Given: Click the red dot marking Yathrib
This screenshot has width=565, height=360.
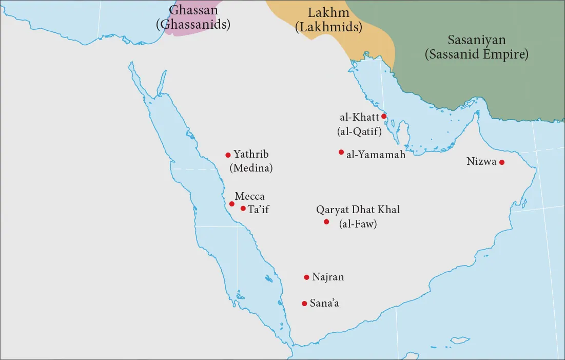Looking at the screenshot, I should (228, 155).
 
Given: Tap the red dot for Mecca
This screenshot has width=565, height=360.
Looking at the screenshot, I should (232, 204).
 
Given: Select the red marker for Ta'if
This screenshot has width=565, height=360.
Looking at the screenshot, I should (243, 209).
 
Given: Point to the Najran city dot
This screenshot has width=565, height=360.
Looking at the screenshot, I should (306, 277).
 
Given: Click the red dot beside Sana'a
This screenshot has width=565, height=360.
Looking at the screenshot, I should (304, 303).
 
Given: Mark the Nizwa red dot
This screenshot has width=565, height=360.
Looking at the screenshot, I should (502, 163).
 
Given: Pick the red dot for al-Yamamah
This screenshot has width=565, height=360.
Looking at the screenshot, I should (341, 152).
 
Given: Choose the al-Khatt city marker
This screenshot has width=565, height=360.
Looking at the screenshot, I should (384, 117).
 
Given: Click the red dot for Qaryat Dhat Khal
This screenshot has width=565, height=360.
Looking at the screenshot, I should (326, 222).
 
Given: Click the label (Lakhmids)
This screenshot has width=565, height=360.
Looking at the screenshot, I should (328, 27).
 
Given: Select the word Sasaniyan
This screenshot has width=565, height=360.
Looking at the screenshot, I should (476, 40).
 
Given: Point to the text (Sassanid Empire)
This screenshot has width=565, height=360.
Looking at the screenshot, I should (476, 54).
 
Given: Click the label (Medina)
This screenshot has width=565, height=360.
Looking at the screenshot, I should (251, 167).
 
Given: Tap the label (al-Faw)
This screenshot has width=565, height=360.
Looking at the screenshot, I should (358, 223).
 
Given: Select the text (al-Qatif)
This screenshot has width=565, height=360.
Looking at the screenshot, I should (359, 131).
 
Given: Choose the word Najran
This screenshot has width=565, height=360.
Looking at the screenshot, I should (327, 277).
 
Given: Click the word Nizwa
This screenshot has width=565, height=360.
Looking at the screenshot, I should (481, 162).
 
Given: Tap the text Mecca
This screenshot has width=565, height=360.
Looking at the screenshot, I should (249, 196).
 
